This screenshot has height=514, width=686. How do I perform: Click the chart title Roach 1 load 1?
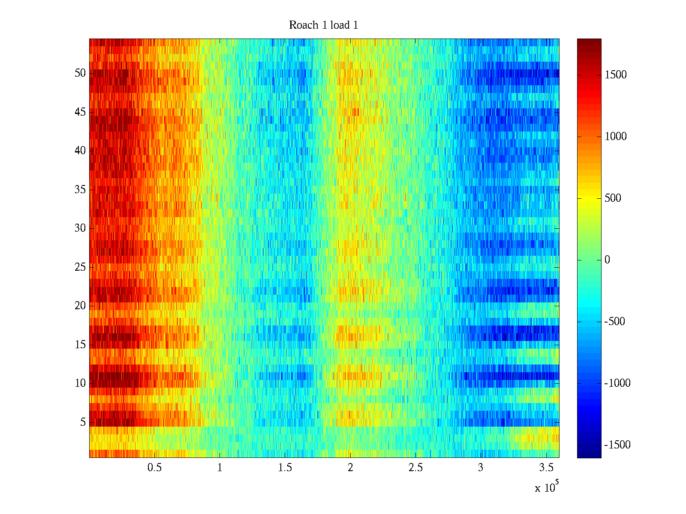pyautogui.click(x=323, y=25)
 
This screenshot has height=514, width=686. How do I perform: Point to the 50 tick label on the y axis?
pyautogui.click(x=80, y=73)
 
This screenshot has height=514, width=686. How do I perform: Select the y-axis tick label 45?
pyautogui.click(x=80, y=112)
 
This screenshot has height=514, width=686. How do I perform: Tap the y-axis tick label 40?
pyautogui.click(x=80, y=151)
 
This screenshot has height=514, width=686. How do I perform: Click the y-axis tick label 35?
pyautogui.click(x=80, y=190)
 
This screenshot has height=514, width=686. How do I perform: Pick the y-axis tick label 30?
pyautogui.click(x=80, y=228)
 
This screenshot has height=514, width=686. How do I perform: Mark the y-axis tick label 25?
pyautogui.click(x=80, y=267)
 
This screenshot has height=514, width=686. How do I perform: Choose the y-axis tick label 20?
pyautogui.click(x=80, y=306)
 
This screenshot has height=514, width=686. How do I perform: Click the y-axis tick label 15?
pyautogui.click(x=80, y=345)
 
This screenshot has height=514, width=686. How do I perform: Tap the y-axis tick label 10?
pyautogui.click(x=80, y=383)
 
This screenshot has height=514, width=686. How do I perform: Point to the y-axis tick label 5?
pyautogui.click(x=83, y=422)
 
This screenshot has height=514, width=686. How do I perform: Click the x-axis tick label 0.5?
pyautogui.click(x=154, y=468)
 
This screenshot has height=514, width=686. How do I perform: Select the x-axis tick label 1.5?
pyautogui.click(x=285, y=468)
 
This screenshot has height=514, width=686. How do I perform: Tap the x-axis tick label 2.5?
pyautogui.click(x=415, y=468)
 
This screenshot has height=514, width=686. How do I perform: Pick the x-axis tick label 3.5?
pyautogui.click(x=546, y=468)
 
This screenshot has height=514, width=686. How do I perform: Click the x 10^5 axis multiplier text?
pyautogui.click(x=546, y=487)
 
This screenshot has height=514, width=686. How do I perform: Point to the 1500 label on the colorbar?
pyautogui.click(x=616, y=75)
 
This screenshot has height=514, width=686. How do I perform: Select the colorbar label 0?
pyautogui.click(x=607, y=260)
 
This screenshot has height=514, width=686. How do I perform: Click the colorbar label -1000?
pyautogui.click(x=617, y=383)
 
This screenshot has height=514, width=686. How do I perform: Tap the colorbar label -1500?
pyautogui.click(x=617, y=445)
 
